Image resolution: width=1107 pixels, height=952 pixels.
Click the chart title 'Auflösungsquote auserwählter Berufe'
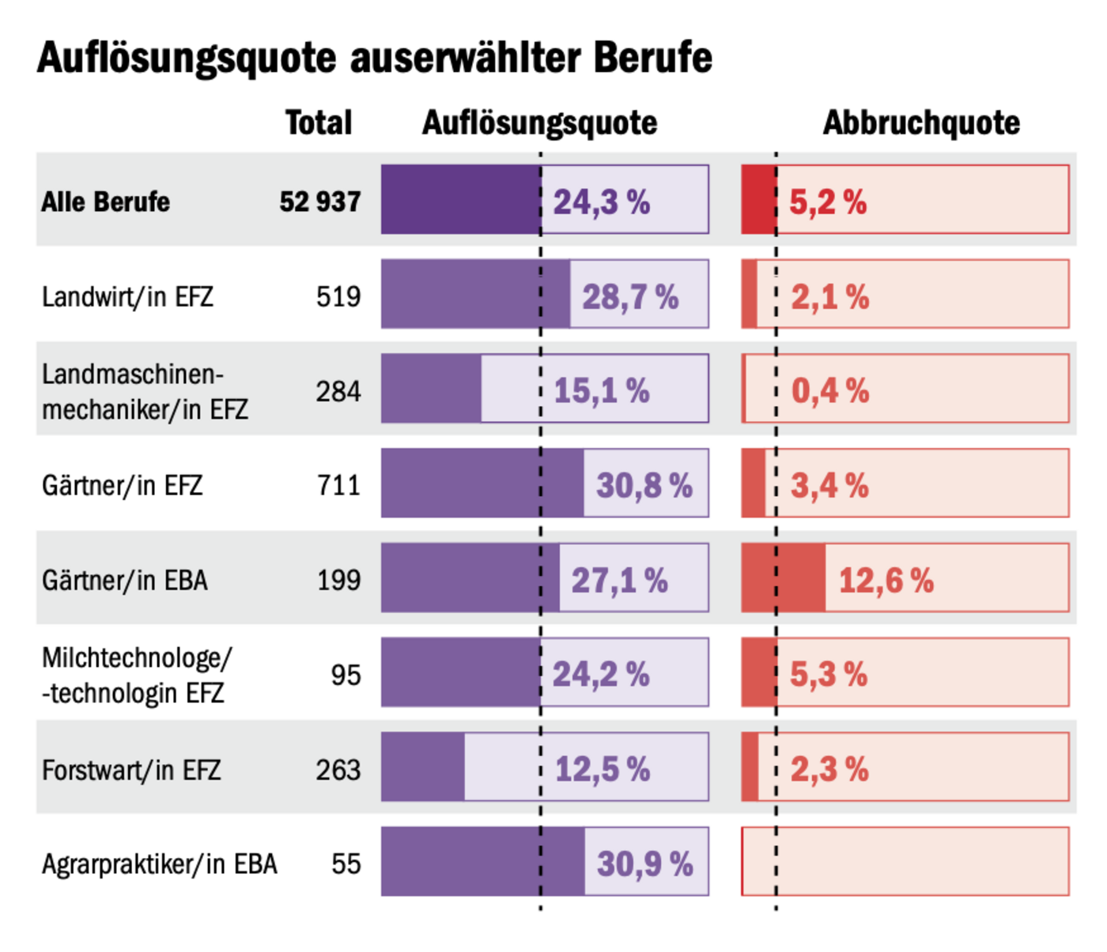(374, 58)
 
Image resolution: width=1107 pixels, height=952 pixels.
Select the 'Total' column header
(319, 123)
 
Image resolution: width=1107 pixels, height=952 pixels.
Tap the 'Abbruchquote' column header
(921, 123)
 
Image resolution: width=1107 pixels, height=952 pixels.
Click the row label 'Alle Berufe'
(105, 202)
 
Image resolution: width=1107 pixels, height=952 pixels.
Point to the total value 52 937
(320, 202)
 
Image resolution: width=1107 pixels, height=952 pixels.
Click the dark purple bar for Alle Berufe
(460, 200)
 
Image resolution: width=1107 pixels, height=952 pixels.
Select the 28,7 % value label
(630, 297)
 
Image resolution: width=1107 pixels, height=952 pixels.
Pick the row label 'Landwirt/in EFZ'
(127, 297)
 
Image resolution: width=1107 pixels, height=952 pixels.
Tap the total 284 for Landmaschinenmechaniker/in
(338, 391)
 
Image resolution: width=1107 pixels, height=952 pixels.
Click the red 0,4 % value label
(829, 390)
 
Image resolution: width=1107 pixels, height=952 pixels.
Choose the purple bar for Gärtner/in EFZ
(482, 484)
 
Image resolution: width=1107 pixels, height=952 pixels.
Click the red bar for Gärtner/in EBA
(784, 578)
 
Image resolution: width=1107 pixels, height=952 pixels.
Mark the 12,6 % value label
(886, 581)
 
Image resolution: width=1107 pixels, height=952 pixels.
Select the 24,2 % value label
(600, 675)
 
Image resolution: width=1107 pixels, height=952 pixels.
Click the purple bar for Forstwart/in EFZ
(423, 767)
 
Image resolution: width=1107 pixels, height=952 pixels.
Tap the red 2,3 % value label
(829, 770)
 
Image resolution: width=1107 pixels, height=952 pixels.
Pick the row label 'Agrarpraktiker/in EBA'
(159, 864)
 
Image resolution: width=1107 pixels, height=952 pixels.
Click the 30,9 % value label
(644, 864)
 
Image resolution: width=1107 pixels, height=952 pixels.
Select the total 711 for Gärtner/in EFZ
(338, 485)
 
